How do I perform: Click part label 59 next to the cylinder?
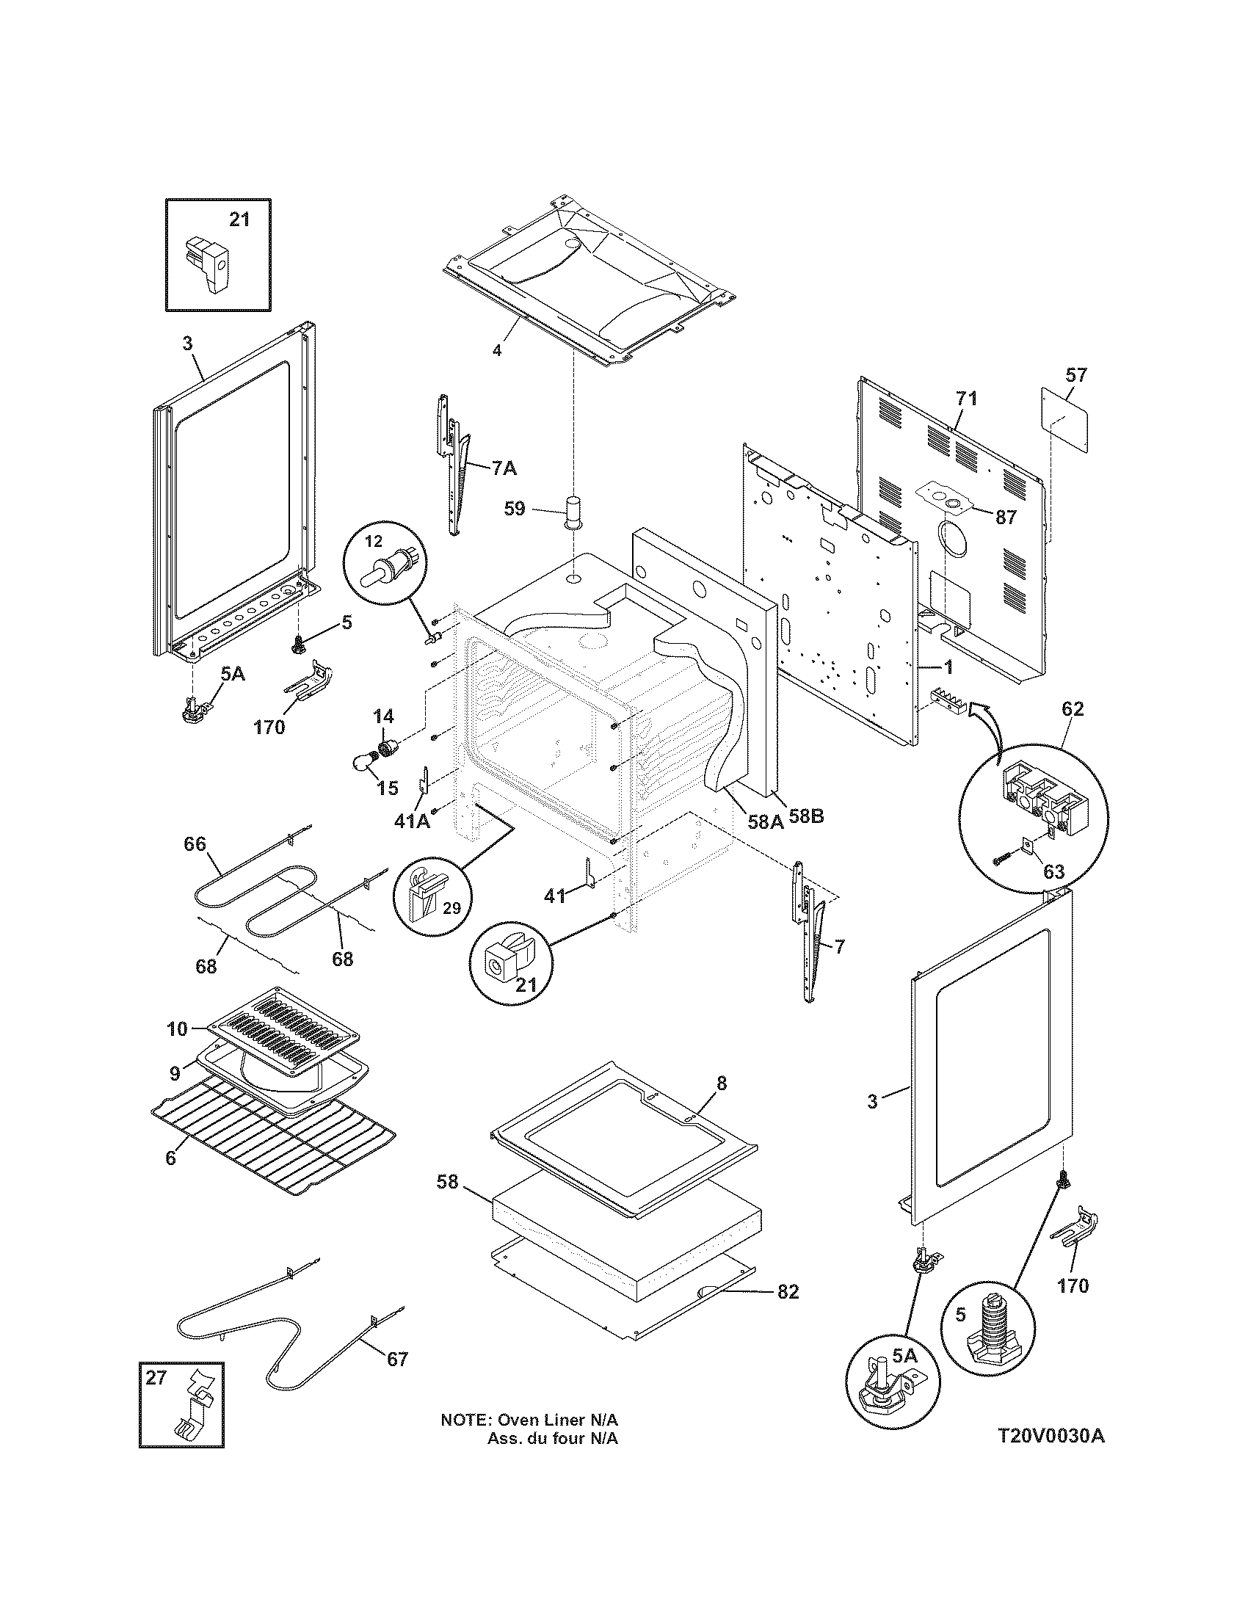(x=515, y=509)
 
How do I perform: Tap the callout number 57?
(x=1075, y=375)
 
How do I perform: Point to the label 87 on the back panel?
(x=1006, y=517)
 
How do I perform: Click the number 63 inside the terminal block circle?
(x=1053, y=871)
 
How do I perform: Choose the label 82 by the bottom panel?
(x=788, y=1291)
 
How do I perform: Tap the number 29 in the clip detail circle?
(x=451, y=908)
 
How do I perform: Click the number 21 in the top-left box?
(x=239, y=219)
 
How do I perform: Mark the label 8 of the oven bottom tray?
(x=722, y=1084)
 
